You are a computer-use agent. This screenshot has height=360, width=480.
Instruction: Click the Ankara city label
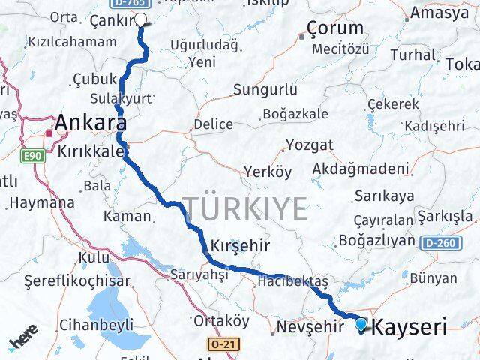click(88, 122)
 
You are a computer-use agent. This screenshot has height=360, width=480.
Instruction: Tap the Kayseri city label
click(409, 327)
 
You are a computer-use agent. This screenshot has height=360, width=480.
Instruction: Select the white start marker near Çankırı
click(140, 19)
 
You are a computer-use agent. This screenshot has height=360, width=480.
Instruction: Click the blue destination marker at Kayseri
click(362, 325)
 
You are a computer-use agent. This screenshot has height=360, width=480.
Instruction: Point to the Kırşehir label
click(240, 247)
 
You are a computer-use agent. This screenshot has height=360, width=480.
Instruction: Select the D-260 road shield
click(439, 243)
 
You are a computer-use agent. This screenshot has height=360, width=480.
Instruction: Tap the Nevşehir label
click(304, 327)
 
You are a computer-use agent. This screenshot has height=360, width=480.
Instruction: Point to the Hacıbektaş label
click(292, 281)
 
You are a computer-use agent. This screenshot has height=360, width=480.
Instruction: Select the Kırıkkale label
click(91, 151)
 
